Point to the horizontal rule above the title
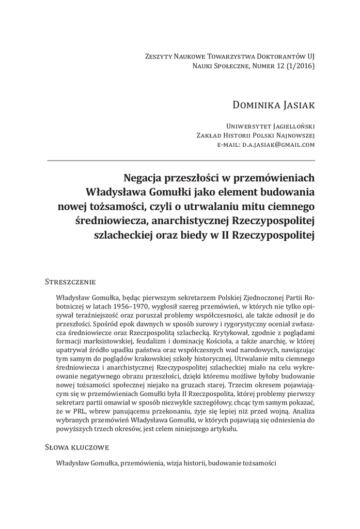[x=181, y=160]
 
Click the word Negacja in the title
[x=145, y=178]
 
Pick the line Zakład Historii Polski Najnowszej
[x=256, y=135]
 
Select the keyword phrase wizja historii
[x=186, y=463]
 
